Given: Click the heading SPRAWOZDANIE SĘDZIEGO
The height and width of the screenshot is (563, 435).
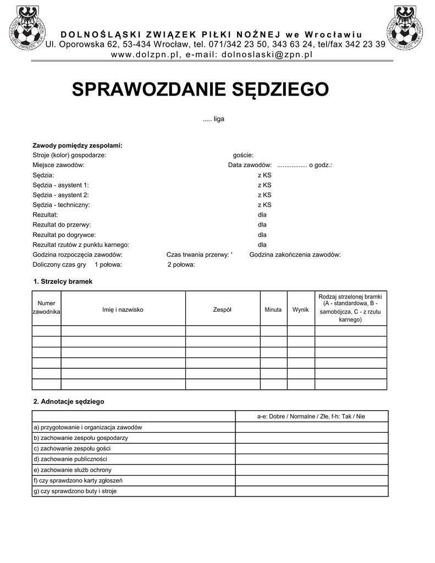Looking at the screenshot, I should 200,89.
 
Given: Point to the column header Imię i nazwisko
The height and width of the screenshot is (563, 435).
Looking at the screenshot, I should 123,310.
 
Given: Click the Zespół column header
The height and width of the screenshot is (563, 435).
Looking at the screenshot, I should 222,310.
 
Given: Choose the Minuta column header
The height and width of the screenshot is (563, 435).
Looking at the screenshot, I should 273,310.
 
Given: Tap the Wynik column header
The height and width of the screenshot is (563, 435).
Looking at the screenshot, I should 300,310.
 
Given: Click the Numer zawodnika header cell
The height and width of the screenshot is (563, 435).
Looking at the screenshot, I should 46,307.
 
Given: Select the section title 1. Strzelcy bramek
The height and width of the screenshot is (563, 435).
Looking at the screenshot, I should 63,281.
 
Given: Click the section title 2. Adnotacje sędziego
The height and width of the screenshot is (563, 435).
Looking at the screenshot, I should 69,401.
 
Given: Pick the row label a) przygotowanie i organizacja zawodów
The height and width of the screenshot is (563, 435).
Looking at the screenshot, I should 88,427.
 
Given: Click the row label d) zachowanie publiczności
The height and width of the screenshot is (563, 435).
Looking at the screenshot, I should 70,459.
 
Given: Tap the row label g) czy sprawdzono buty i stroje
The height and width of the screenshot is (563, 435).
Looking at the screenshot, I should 75,491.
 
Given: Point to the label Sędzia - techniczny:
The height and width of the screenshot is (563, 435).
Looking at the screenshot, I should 61,205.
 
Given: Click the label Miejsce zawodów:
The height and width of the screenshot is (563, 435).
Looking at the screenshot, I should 58,165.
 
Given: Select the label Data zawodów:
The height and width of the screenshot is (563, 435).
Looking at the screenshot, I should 250,165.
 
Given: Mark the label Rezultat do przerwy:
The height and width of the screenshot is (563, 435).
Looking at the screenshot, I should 62,224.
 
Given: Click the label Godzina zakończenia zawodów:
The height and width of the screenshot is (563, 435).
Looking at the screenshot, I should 295,255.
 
